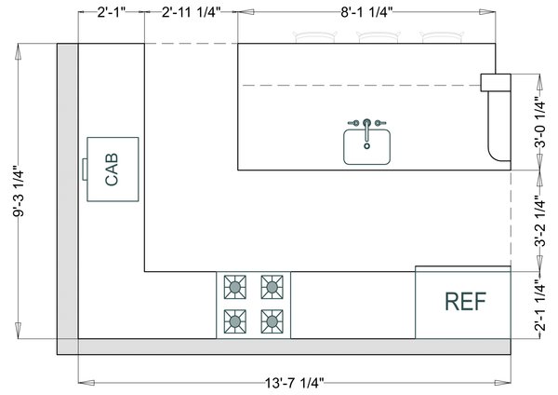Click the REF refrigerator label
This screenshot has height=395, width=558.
pos(466,302)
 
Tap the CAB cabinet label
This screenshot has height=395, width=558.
pos(112,170)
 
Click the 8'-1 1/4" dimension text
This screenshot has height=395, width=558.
pos(365,12)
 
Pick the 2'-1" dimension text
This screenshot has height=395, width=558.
pos(111,12)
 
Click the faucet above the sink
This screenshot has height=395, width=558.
pos(367,123)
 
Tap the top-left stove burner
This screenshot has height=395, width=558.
pos(234,286)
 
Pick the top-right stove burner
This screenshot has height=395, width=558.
pos(272,286)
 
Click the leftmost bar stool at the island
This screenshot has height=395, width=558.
pos(312,37)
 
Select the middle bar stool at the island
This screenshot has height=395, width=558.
pos(377,37)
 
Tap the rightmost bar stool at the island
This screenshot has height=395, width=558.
pos(440,37)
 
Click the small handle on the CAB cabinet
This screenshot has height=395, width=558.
pos(85,170)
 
